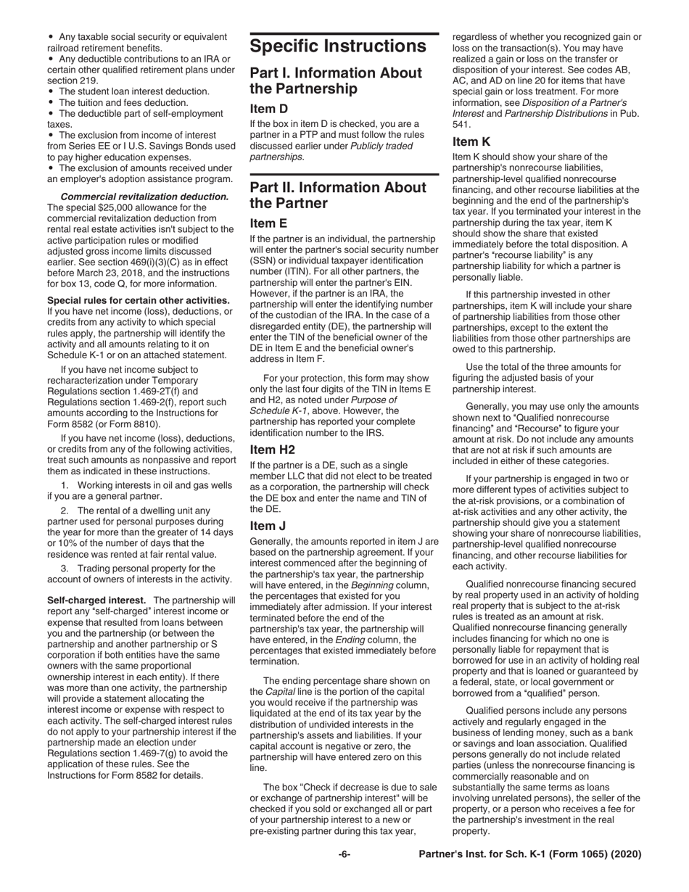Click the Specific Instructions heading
click(338, 46)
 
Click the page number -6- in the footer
click(344, 854)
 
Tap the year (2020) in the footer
click(626, 854)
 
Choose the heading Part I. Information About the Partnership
click(336, 80)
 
